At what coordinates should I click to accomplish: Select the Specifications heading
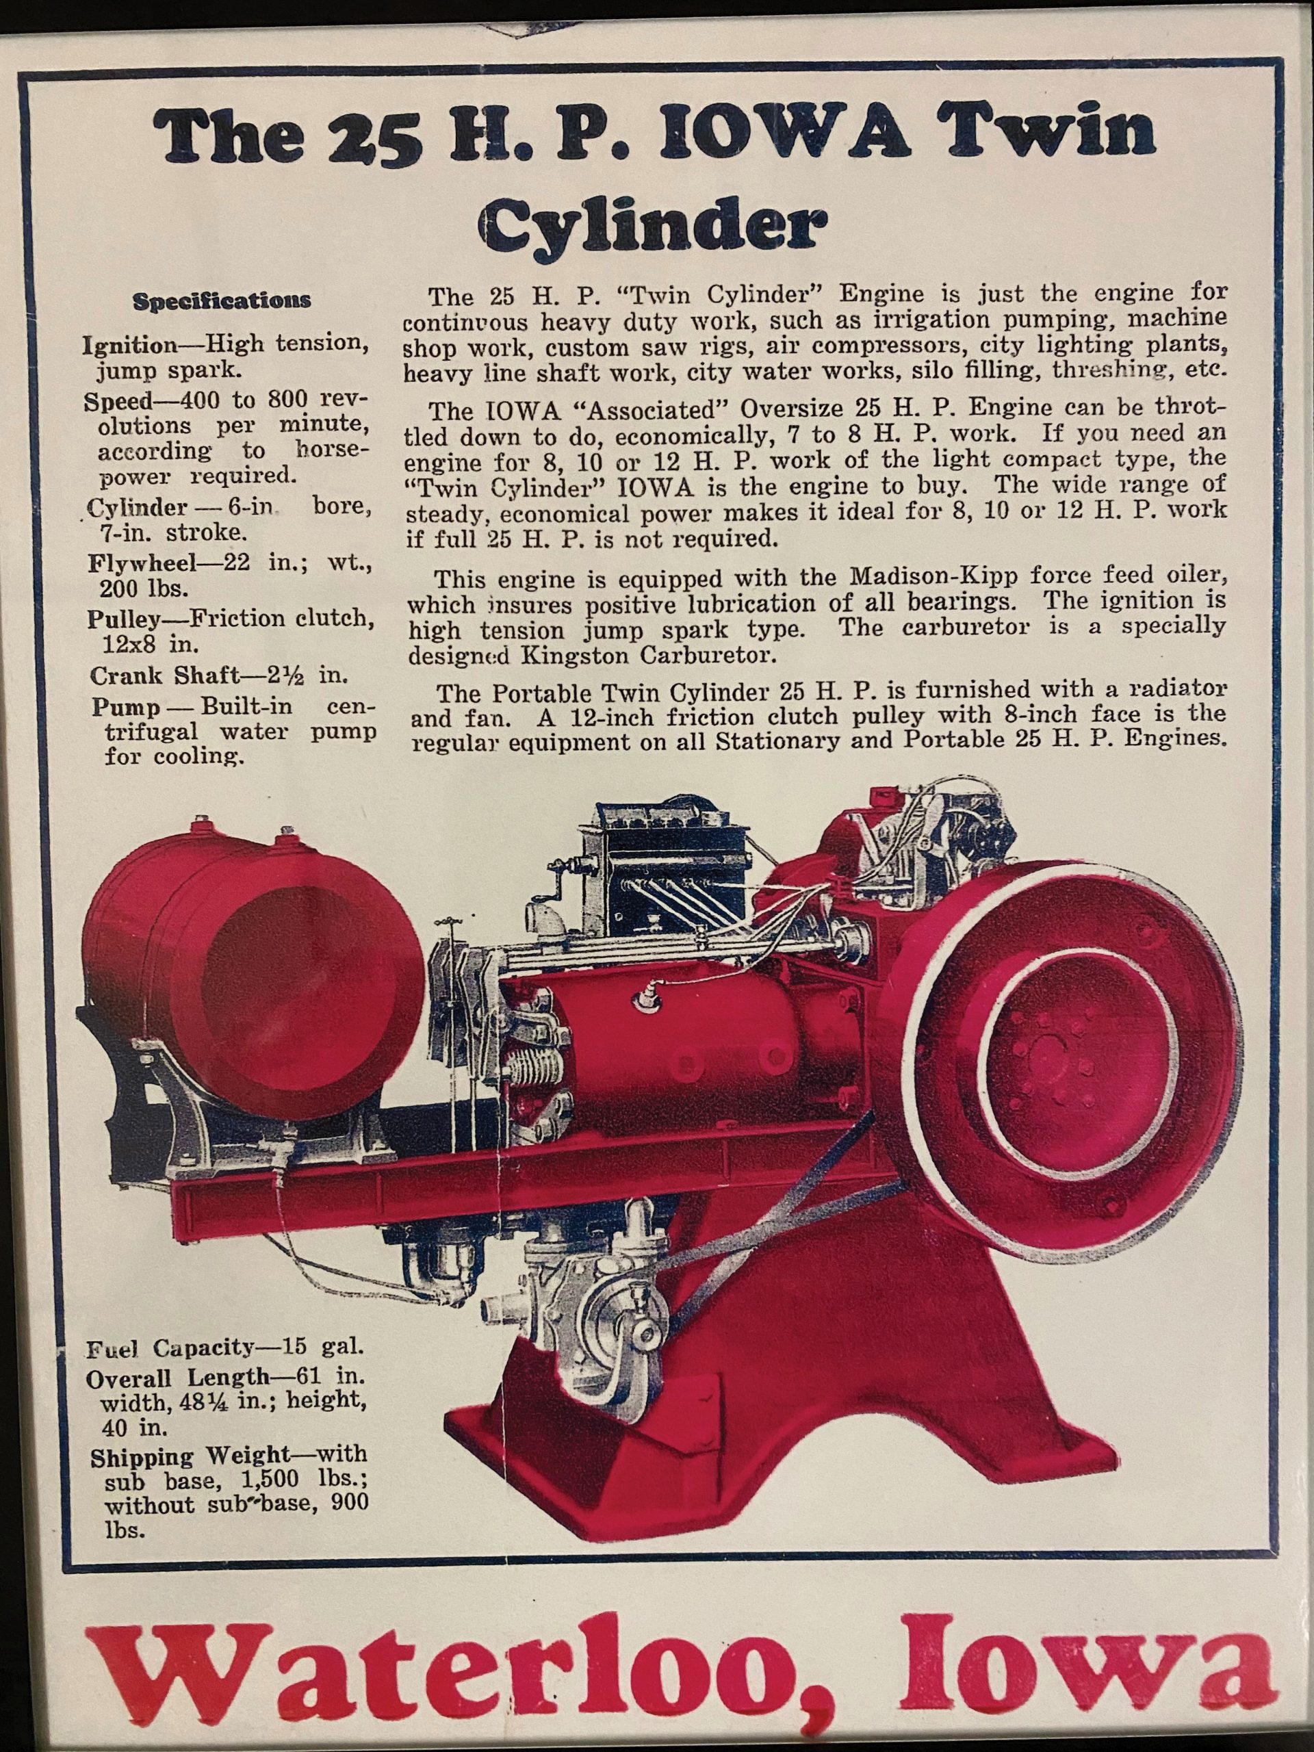(222, 301)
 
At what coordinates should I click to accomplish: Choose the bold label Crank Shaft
(164, 675)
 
